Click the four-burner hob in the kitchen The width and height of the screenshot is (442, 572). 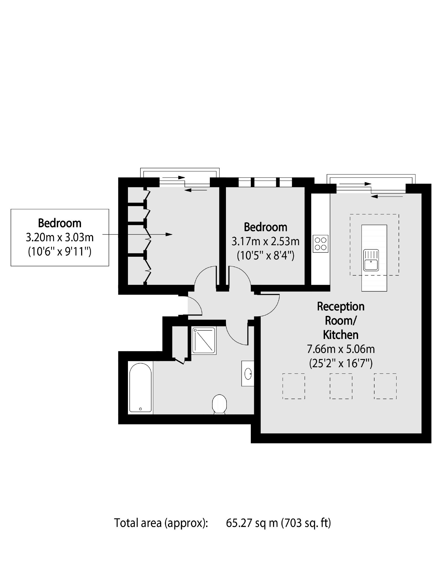point(321,244)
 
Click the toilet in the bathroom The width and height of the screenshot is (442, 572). point(219,404)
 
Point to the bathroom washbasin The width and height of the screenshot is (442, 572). point(248,373)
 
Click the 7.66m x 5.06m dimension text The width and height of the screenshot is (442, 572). point(341,349)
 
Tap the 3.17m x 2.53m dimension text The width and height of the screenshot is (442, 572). point(265,242)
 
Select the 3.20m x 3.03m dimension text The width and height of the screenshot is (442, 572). point(60,237)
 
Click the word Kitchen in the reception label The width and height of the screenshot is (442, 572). point(341,335)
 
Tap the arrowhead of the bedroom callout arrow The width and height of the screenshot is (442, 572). point(169,234)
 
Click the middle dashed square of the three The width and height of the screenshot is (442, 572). point(341,386)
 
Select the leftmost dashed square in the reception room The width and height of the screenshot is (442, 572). point(294,386)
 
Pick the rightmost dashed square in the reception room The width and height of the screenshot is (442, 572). point(385,386)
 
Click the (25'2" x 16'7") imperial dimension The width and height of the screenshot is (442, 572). point(341,363)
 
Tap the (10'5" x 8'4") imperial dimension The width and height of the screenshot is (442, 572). point(265,256)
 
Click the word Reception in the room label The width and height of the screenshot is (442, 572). point(341,307)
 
